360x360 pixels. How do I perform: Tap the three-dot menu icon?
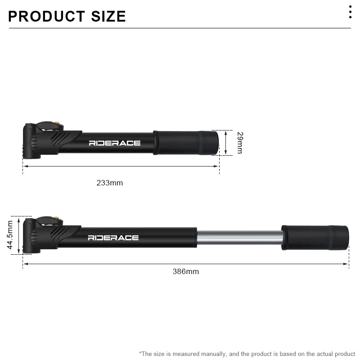350,12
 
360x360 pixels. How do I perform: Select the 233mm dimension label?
109,183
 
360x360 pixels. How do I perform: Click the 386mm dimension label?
185,272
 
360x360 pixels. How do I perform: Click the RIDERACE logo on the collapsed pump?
114,143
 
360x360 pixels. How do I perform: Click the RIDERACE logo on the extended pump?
113,238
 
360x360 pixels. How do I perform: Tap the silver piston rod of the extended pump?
238,237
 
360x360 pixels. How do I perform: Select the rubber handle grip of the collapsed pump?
186,143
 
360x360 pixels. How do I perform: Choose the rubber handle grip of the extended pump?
315,238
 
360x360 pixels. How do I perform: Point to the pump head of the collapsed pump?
31,142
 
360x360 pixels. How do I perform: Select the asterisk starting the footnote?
140,353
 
